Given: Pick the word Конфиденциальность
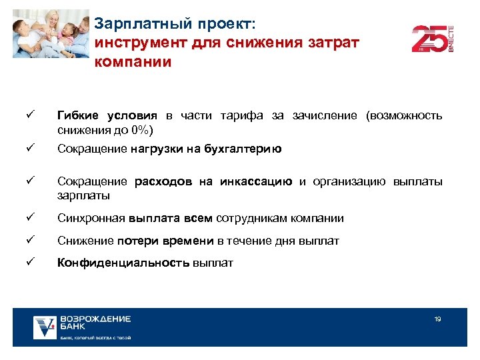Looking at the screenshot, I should pyautogui.click(x=123, y=263).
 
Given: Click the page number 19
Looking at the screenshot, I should pyautogui.click(x=437, y=319).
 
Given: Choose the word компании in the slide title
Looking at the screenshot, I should pyautogui.click(x=133, y=62).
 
